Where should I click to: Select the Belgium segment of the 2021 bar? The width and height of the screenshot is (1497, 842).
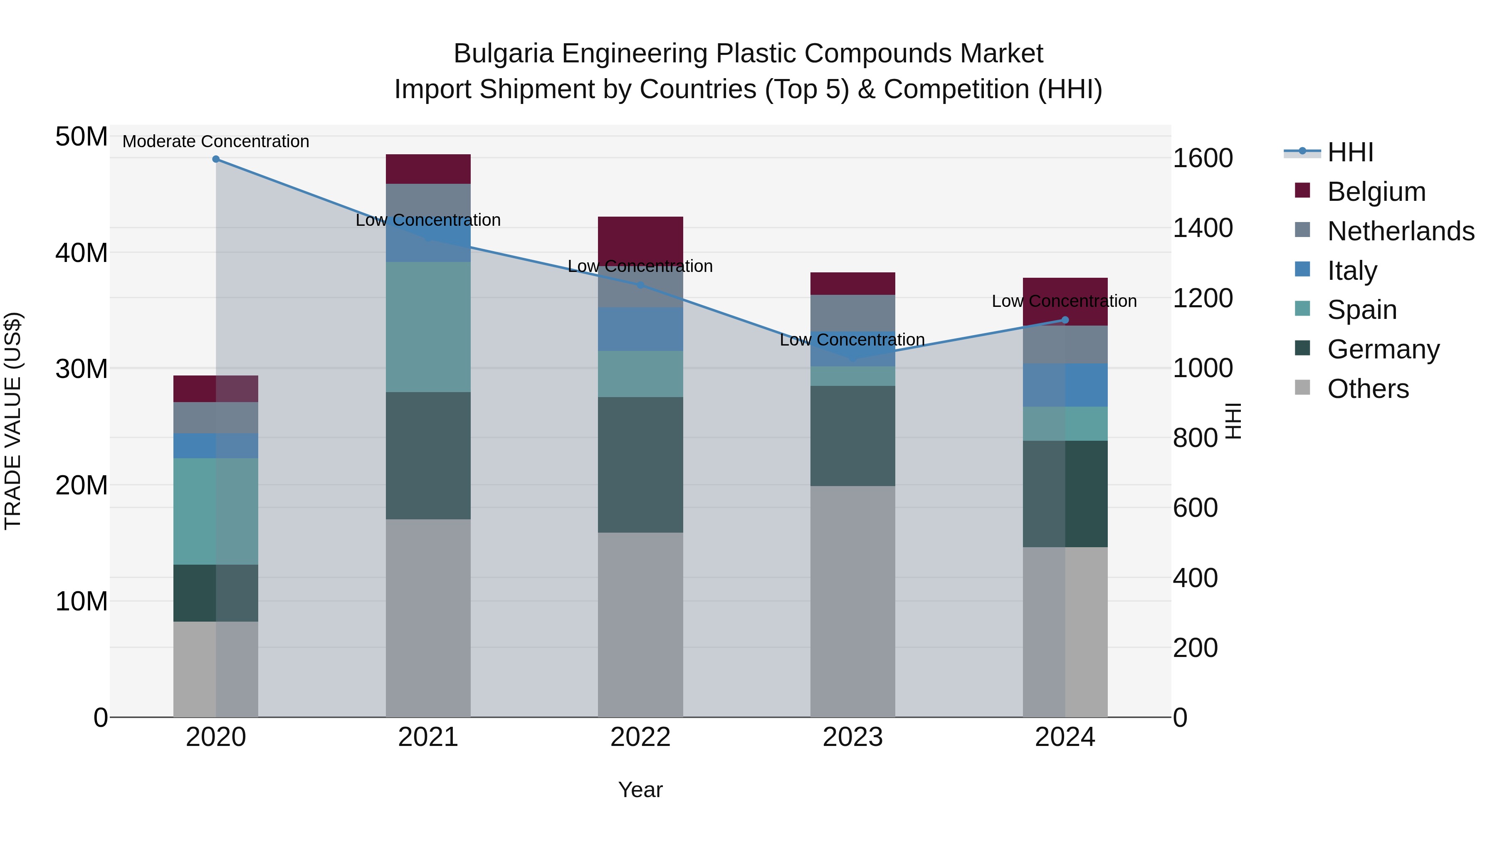[x=428, y=169]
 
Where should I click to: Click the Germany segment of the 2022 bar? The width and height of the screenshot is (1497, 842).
[x=640, y=465]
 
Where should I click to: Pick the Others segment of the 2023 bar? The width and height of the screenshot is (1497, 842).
[x=852, y=601]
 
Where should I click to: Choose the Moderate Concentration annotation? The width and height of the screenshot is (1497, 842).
[x=215, y=142]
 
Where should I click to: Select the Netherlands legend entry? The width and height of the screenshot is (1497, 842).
[x=1401, y=231]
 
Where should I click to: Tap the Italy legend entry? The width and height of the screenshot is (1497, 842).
[x=1352, y=271]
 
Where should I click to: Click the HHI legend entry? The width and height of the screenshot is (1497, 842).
[x=1350, y=152]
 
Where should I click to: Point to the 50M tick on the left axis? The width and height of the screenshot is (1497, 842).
[x=82, y=137]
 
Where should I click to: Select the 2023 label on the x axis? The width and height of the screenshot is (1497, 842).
[x=852, y=737]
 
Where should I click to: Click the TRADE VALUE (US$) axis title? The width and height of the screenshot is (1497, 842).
[x=13, y=421]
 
